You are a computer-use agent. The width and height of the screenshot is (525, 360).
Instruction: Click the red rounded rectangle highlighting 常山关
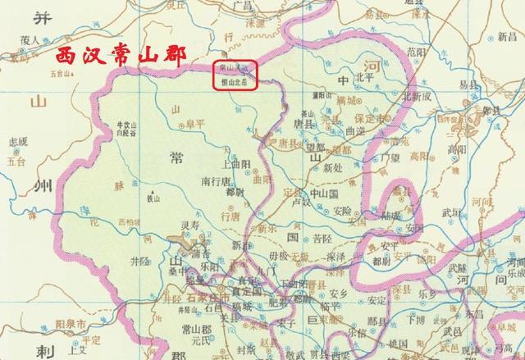[236, 75]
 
